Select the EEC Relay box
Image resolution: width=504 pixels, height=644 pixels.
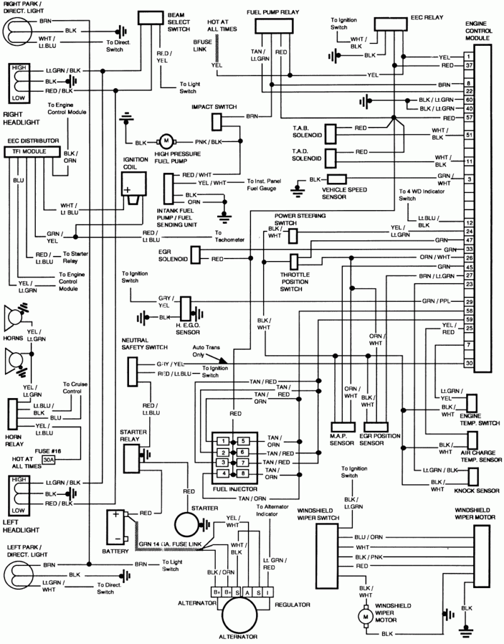point(394,23)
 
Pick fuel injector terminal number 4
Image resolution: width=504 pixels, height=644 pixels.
point(221,473)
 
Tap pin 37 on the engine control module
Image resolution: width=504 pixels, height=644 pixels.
point(469,65)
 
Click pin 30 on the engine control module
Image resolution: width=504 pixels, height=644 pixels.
point(469,364)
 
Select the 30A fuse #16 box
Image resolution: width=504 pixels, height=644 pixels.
point(48,460)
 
